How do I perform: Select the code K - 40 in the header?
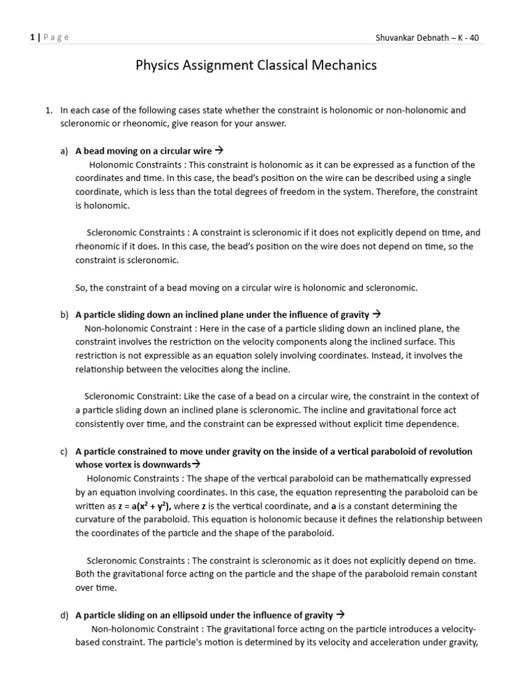[x=466, y=37]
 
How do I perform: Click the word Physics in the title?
[x=158, y=65]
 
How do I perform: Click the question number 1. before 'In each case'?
[x=47, y=110]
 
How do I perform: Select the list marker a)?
[x=64, y=151]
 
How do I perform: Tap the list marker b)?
[x=64, y=314]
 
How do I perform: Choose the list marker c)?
[x=64, y=452]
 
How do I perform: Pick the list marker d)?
[x=64, y=615]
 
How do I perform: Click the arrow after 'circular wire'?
[x=228, y=151]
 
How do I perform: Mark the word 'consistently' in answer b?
[x=100, y=424]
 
